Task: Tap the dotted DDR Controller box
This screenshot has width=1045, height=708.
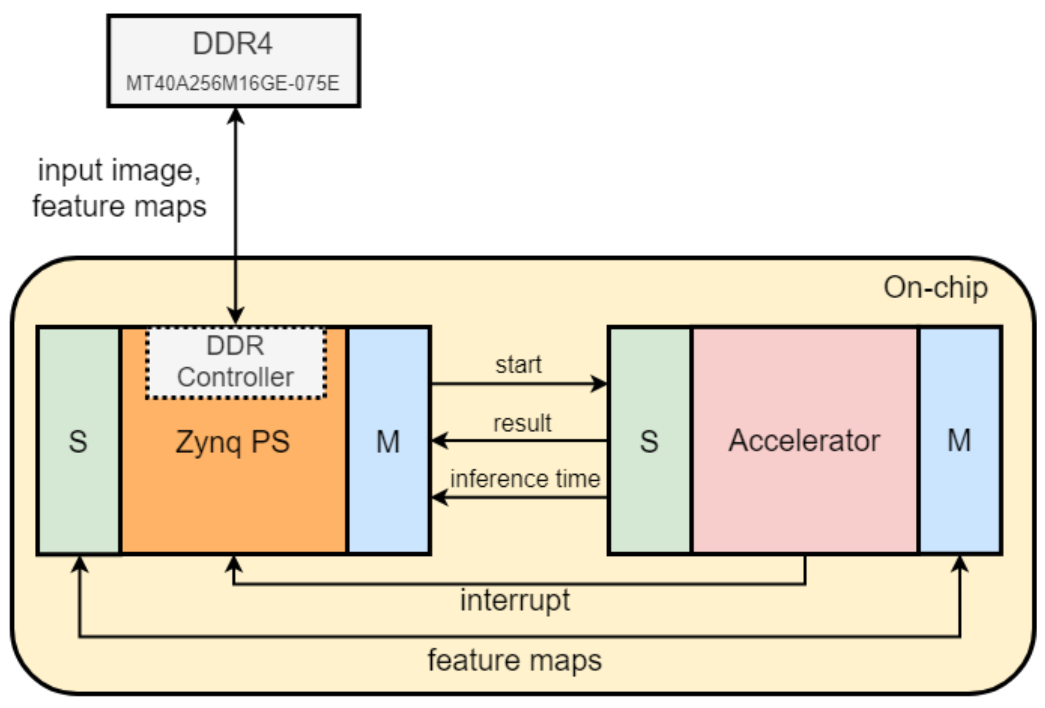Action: pos(236,362)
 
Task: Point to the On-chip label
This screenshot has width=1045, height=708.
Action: pos(935,288)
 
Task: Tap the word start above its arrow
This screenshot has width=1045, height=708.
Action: pos(518,364)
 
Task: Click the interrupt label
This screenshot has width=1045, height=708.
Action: pos(514,600)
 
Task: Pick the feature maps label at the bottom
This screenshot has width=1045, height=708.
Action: pos(514,661)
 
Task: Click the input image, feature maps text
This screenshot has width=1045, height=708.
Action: pos(119,188)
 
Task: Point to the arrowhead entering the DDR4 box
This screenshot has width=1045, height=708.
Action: pos(235,116)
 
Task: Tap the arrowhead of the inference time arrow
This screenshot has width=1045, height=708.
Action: pos(440,497)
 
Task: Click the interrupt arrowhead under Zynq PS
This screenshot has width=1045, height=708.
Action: pos(233,564)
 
